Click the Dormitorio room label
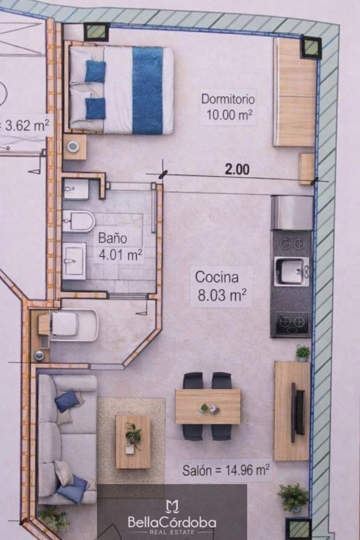pyautogui.click(x=228, y=99)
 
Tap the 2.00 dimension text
pyautogui.click(x=237, y=169)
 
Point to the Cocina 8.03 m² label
pyautogui.click(x=221, y=286)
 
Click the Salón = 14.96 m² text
pyautogui.click(x=226, y=470)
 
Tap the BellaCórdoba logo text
pyautogui.click(x=172, y=522)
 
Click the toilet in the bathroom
pyautogui.click(x=79, y=221)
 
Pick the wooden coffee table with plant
pyautogui.click(x=133, y=442)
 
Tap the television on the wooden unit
pyautogui.click(x=298, y=412)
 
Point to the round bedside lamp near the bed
pyautogui.click(x=73, y=147)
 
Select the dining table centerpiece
pyautogui.click(x=209, y=408)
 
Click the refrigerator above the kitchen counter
pyautogui.click(x=292, y=213)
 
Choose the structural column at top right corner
pyautogui.click(x=312, y=47)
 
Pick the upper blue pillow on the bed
pyautogui.click(x=95, y=71)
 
